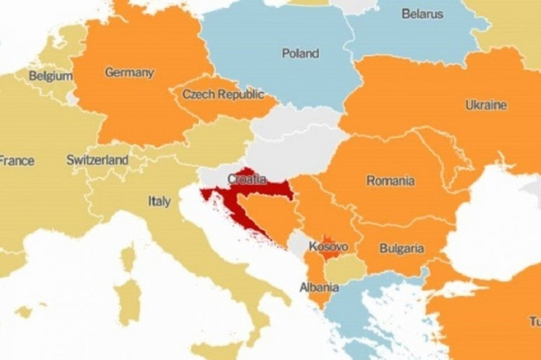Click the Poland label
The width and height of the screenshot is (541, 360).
300,53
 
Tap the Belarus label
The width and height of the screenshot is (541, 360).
423,14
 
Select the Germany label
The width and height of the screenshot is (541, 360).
129,73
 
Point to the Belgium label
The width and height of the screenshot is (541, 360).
51,76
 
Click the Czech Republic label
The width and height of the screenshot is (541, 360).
223,95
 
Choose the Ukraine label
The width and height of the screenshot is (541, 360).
486,105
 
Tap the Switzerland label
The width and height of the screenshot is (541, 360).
97,160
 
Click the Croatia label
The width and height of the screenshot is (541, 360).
247,179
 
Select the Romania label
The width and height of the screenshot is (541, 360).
391,180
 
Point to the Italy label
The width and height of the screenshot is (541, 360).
159,201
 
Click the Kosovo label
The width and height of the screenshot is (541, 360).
328,247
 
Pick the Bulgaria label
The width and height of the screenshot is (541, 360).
401,248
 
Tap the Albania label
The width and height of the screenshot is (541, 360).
319,287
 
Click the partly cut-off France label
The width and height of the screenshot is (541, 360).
17,161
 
